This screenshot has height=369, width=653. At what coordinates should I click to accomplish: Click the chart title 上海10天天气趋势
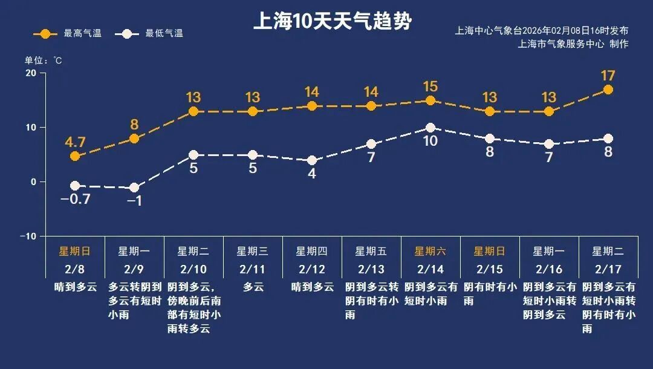point(332,22)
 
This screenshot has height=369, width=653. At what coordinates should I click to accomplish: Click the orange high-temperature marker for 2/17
point(608,90)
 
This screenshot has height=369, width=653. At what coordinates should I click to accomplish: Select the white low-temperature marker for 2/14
point(430,128)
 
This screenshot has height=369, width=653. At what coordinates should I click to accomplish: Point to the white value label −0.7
point(75,199)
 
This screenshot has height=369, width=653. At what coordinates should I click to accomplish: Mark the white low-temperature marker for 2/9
point(134,188)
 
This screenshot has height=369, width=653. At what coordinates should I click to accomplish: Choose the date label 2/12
point(312,269)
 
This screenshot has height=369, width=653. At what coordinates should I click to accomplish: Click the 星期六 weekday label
point(430,251)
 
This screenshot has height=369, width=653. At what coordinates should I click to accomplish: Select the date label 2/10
point(193,269)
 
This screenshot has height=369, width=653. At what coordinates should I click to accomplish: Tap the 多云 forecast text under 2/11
point(253,287)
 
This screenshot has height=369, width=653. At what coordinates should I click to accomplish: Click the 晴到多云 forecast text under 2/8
point(75,287)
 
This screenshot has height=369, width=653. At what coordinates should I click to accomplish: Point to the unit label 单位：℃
point(43,60)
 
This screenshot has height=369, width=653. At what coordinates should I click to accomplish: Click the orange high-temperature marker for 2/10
point(193,112)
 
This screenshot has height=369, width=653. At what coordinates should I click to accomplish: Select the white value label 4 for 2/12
point(312,174)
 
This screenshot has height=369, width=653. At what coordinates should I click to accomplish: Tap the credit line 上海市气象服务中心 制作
point(573,44)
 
